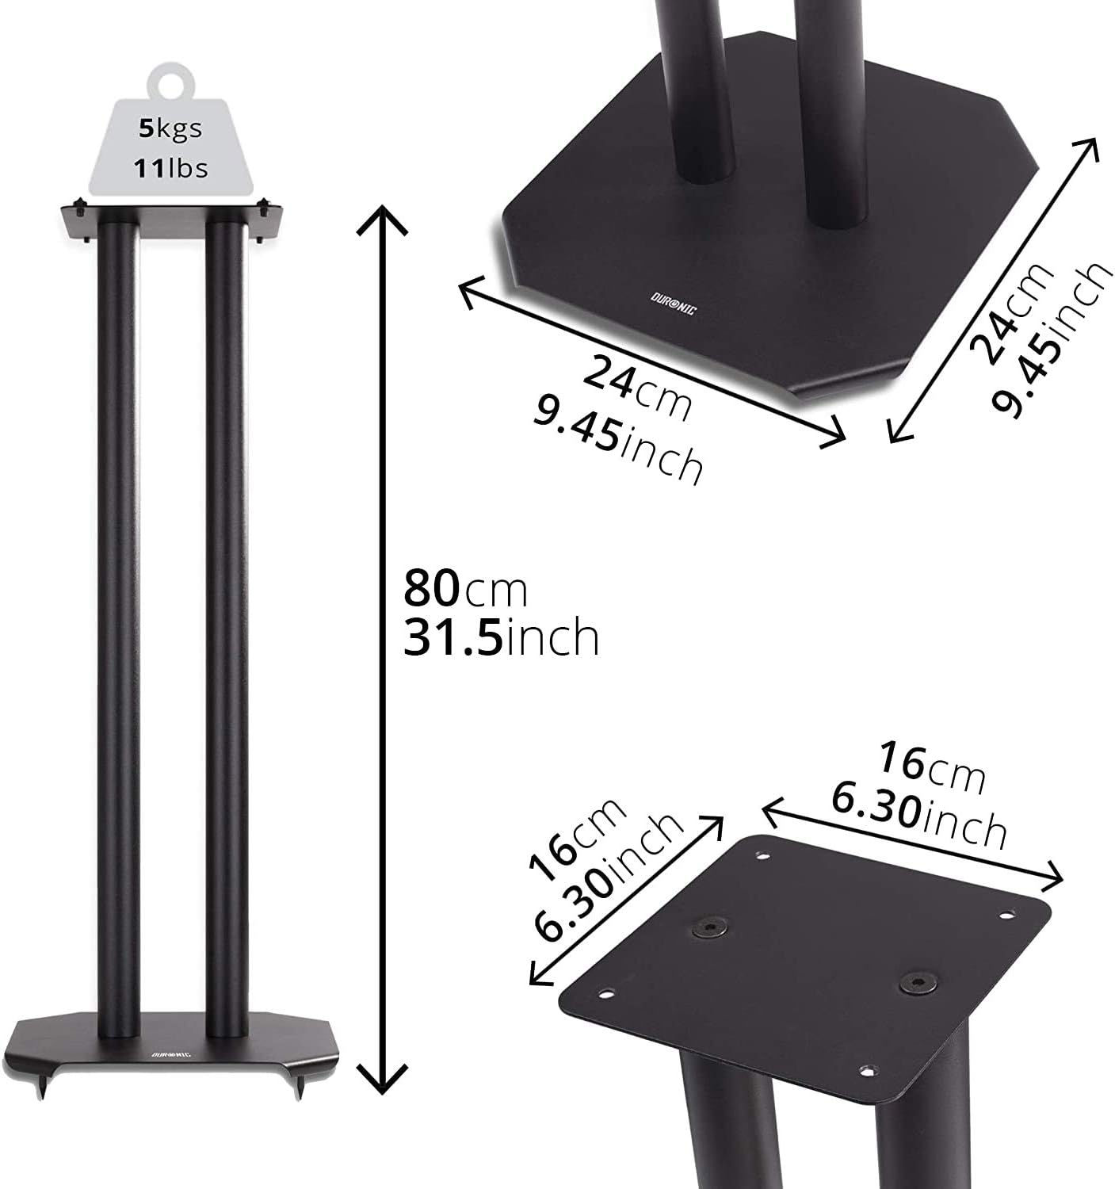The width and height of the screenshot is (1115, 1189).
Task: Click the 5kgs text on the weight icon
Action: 170,128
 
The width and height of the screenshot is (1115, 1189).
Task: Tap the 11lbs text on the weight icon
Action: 170,168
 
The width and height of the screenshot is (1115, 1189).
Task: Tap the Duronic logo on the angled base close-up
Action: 673,304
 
